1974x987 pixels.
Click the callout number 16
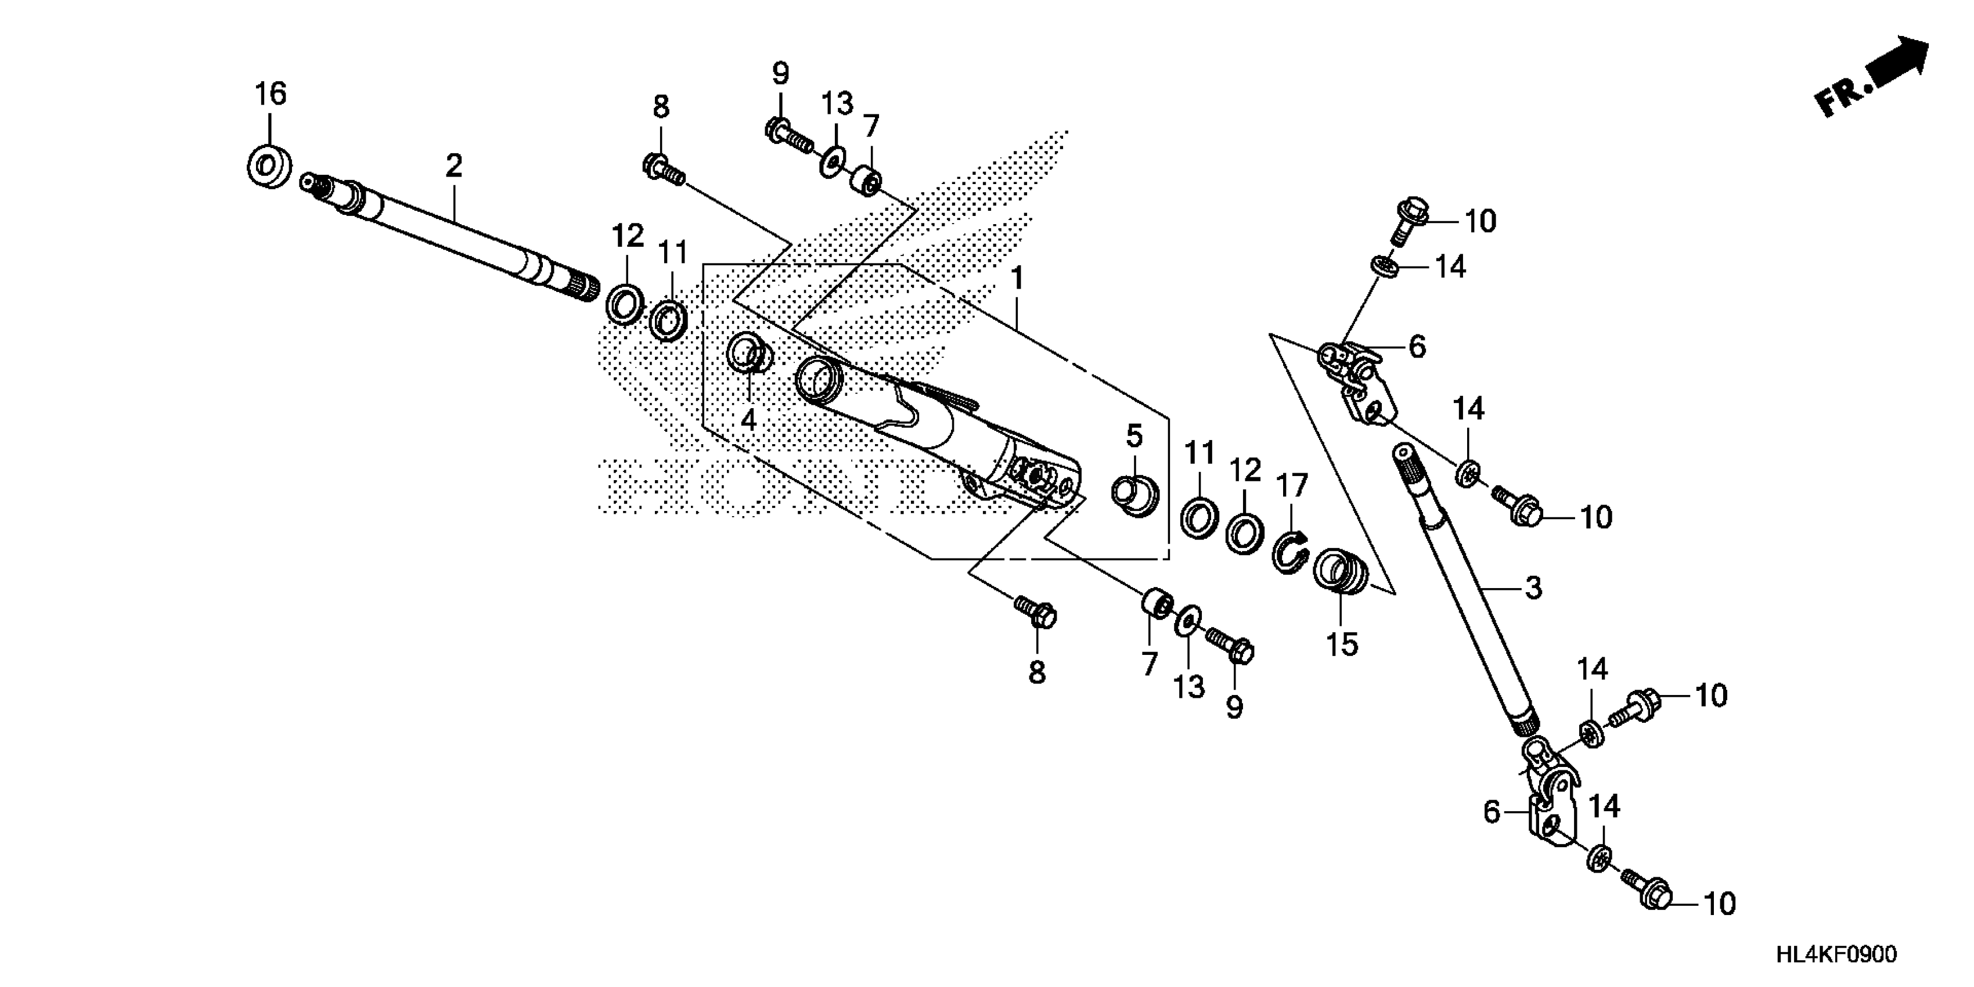(271, 94)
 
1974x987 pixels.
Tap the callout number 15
(1342, 644)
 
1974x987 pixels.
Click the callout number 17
(1292, 486)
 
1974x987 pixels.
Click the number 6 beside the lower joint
(1491, 812)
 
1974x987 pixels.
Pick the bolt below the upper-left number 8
(663, 170)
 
